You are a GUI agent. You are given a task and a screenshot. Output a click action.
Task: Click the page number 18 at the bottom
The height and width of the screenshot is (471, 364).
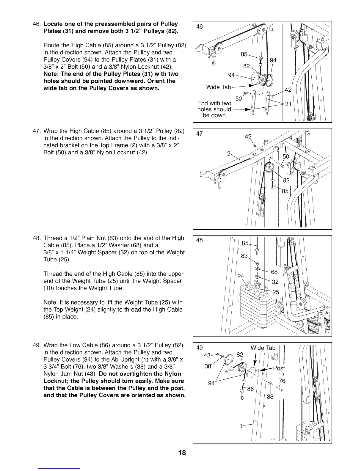pos(182,453)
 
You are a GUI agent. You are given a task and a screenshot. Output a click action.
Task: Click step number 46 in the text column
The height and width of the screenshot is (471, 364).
pos(36,24)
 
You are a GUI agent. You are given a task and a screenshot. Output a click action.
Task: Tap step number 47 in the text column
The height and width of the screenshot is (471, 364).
pos(36,131)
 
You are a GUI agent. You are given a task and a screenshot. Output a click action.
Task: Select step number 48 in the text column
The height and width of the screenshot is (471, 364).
pos(36,238)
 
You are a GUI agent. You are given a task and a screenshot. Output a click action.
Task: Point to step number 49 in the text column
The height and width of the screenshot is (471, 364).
pos(36,345)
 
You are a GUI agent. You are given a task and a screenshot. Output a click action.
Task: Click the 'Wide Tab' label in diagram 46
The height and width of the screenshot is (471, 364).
pos(218,87)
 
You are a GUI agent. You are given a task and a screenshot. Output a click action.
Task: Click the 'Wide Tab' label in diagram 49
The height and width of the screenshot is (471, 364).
pos(263,348)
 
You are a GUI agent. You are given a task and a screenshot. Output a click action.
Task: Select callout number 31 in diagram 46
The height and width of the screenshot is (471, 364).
pos(288,104)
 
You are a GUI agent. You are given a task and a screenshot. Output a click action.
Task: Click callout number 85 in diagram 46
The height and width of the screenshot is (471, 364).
pos(244,54)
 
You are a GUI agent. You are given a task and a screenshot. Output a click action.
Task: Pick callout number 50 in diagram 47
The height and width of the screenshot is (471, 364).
pos(286,157)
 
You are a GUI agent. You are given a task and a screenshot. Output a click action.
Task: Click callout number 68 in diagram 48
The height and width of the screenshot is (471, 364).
pos(274,272)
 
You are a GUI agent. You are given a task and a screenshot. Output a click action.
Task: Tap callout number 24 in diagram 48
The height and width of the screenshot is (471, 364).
pos(241,276)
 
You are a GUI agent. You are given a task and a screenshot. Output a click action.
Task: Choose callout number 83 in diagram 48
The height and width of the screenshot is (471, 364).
pos(244,256)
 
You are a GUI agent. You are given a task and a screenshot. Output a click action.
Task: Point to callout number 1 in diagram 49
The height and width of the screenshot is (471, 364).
pos(241,426)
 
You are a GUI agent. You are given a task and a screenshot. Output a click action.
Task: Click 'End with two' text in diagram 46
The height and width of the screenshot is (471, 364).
pos(214,103)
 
